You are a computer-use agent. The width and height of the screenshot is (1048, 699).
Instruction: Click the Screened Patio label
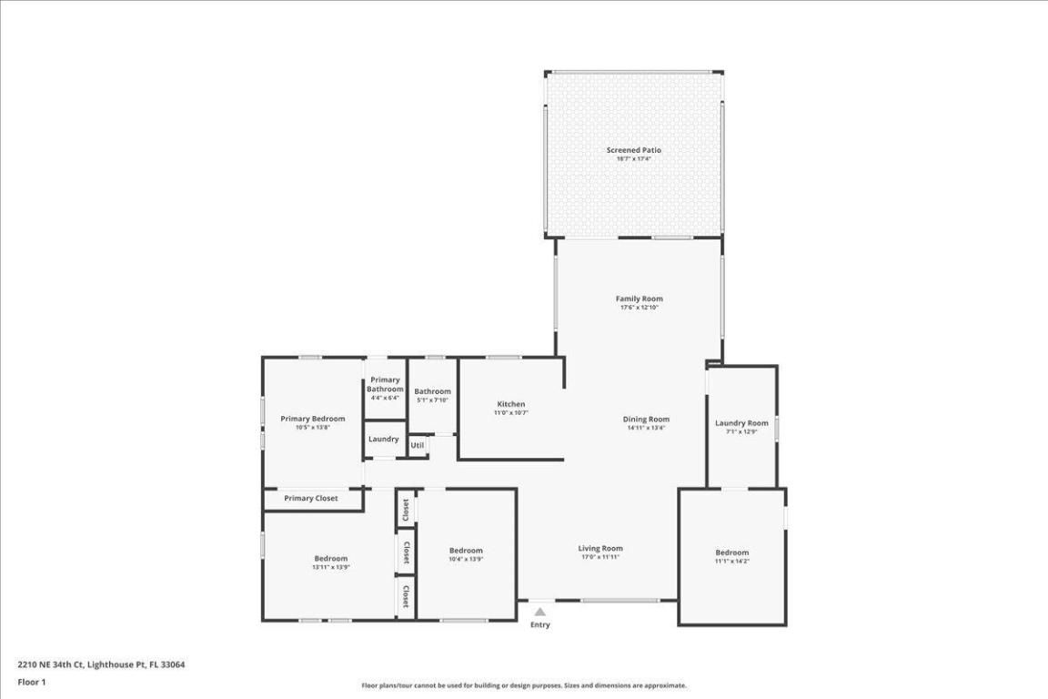point(634,150)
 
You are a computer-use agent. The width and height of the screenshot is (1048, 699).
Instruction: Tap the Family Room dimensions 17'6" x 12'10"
point(639,308)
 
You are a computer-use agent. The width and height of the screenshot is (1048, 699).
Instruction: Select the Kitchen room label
point(510,404)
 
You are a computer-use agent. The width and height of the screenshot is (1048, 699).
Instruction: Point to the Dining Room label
point(646,419)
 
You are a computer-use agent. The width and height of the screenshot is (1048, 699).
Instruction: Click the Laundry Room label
point(741,423)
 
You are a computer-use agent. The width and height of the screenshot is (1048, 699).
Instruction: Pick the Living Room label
point(600,548)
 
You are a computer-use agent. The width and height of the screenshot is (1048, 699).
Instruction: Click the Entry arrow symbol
point(540,613)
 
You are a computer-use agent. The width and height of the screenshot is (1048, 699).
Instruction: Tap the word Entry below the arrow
point(540,625)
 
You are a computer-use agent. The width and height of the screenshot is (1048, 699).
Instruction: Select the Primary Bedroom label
point(312,419)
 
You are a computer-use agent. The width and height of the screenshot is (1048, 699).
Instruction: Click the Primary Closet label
point(310,499)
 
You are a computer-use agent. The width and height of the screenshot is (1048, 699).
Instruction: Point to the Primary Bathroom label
point(385,385)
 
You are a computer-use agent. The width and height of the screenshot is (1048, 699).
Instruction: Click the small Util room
point(417,445)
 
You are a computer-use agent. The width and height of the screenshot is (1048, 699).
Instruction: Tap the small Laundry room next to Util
point(384,439)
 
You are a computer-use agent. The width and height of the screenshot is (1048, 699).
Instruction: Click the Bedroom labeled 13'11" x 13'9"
point(330,559)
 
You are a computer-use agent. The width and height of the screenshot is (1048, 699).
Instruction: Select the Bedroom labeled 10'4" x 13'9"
point(466,551)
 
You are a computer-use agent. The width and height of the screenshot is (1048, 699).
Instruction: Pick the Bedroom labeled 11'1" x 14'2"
point(731,552)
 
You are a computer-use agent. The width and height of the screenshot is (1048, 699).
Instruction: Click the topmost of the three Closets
point(406,508)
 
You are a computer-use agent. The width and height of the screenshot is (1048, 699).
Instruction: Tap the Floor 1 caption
point(32,682)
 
